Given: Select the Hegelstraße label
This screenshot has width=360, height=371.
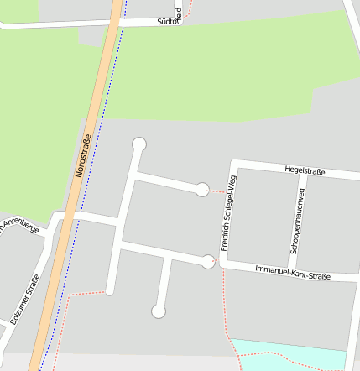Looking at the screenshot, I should click(x=305, y=171).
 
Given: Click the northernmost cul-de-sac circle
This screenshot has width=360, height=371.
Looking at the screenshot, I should click(x=139, y=144).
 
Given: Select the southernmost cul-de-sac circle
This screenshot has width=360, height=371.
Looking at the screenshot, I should click(x=158, y=311).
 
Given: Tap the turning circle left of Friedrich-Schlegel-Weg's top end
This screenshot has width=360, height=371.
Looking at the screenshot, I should click(x=202, y=190).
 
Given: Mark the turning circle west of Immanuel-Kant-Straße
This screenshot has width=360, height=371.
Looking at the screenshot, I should click(x=208, y=261).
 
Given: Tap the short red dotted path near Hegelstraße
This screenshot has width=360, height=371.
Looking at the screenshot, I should click(x=218, y=191).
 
